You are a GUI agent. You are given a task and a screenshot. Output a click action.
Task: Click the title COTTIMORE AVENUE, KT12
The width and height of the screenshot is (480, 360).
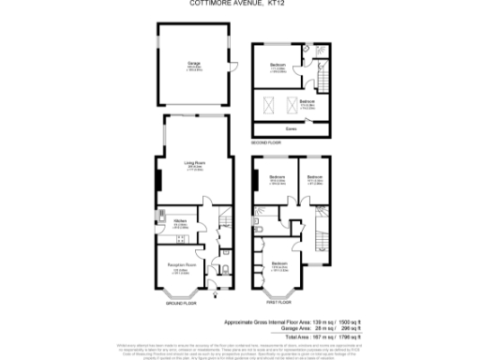pos(240,4)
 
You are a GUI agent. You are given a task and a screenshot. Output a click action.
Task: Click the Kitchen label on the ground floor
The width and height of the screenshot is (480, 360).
pos(176,221)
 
